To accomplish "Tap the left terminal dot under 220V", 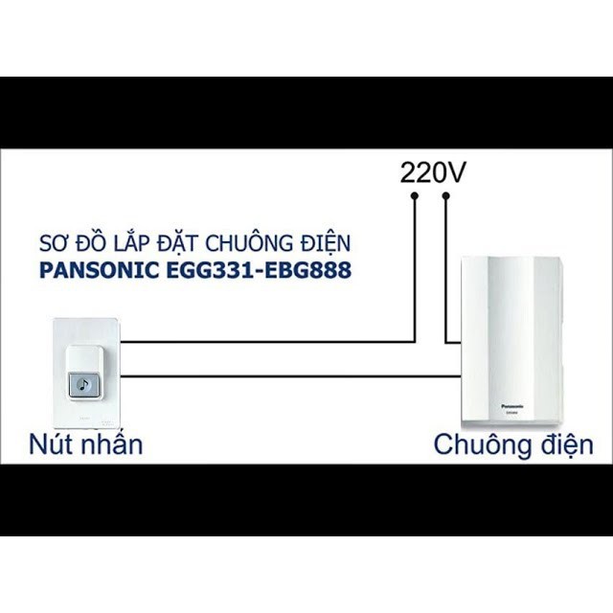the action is point(415,196).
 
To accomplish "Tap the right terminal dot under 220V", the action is point(446,196).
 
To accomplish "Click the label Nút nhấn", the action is point(85,443).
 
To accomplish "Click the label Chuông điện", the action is point(512,443).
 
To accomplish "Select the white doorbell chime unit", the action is point(513,340).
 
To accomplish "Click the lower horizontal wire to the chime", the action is point(287,376).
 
